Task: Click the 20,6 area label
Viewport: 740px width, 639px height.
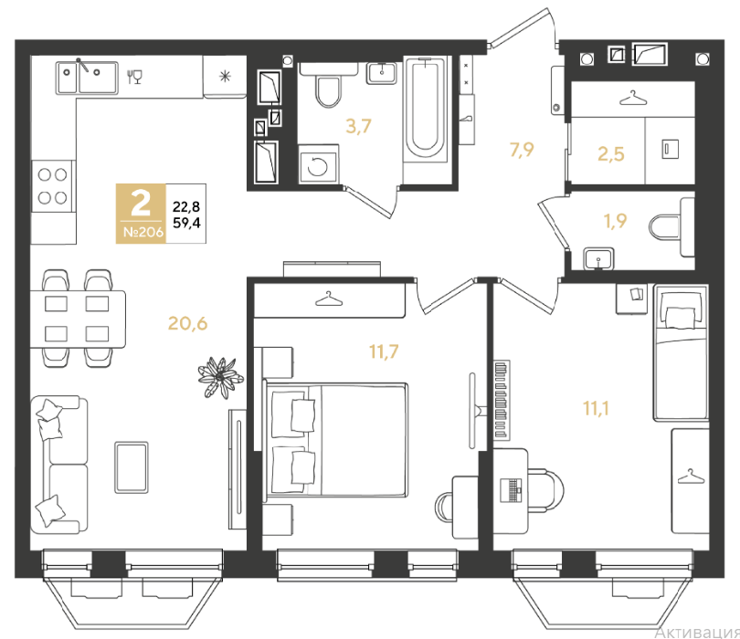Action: [188, 323]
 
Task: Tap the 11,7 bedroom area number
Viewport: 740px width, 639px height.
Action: [384, 351]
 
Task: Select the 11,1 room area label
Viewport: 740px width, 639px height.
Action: [596, 408]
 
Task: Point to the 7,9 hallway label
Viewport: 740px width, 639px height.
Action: [522, 150]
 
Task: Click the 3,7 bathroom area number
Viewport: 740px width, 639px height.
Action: [359, 126]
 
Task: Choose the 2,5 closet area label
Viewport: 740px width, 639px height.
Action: [611, 154]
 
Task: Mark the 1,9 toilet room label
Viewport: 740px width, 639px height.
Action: [616, 221]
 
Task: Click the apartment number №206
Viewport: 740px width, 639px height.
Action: [143, 232]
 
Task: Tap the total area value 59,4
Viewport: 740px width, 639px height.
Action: [186, 223]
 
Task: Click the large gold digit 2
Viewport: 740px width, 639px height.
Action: [141, 204]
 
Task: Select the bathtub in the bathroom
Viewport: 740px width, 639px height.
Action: [425, 110]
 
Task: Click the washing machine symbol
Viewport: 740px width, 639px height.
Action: [318, 164]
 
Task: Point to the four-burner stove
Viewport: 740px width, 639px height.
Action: [52, 186]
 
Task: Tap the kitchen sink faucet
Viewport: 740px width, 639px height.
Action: [83, 65]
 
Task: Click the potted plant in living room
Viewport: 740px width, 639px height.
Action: [220, 377]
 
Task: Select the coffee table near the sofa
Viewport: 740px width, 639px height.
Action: [132, 467]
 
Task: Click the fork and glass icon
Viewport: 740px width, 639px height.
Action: [134, 77]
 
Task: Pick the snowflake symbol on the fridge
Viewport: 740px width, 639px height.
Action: [225, 76]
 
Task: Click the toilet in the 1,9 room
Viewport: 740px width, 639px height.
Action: [671, 227]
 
